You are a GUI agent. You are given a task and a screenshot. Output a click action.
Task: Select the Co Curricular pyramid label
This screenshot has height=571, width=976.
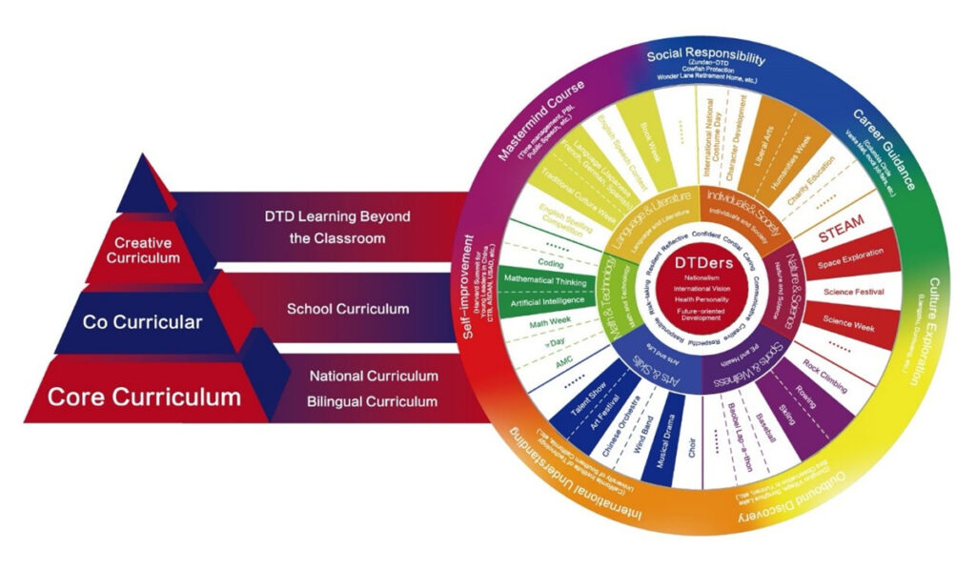(142, 322)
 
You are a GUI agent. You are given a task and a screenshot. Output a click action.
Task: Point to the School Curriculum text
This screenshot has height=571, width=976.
(348, 309)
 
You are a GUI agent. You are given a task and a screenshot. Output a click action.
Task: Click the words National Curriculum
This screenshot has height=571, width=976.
(374, 377)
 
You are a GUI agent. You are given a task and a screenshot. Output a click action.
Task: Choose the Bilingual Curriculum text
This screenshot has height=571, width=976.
(372, 401)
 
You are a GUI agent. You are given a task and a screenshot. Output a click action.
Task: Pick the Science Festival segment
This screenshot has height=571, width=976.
(852, 291)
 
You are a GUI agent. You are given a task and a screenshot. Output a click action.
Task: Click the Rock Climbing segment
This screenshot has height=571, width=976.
(823, 371)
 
